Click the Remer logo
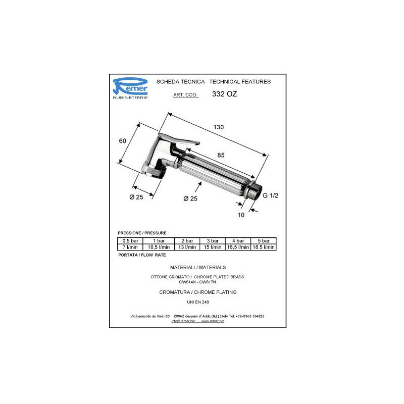pyautogui.click(x=130, y=88)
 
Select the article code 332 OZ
pyautogui.click(x=224, y=94)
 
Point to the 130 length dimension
pyautogui.click(x=219, y=127)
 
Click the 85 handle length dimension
pyautogui.click(x=221, y=155)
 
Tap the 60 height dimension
pyautogui.click(x=122, y=141)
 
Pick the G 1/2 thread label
pyautogui.click(x=270, y=195)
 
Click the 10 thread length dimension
pyautogui.click(x=241, y=215)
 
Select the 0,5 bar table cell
pyautogui.click(x=130, y=241)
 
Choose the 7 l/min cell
pyautogui.click(x=130, y=247)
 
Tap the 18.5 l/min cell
pyautogui.click(x=264, y=247)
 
